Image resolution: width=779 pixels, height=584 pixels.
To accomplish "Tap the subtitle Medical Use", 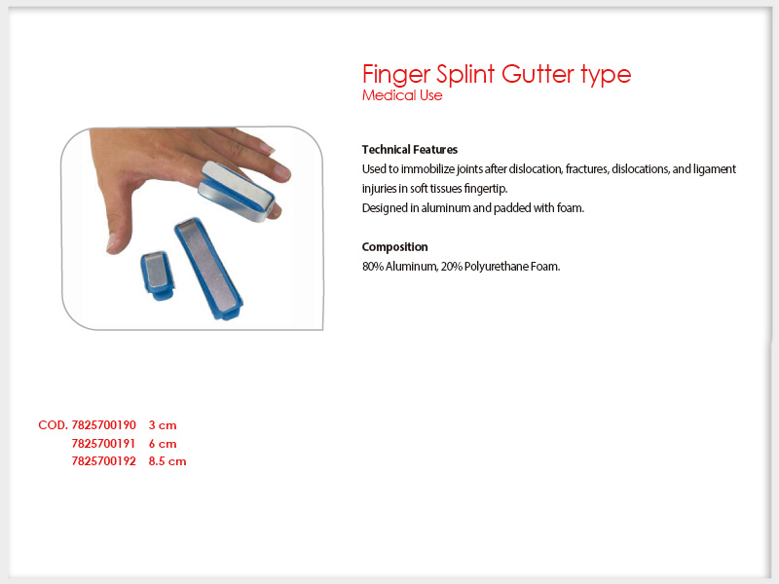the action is [x=402, y=94].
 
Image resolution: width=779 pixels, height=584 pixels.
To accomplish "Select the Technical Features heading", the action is [x=409, y=150].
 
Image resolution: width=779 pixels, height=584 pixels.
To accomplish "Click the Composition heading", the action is [x=394, y=247].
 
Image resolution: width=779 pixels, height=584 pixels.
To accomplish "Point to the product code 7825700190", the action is [x=103, y=425].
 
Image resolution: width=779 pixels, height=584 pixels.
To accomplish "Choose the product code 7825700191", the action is [x=103, y=444].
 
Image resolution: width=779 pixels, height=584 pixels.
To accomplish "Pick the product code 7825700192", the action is [x=103, y=461].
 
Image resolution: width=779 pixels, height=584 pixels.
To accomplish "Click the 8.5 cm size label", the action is [x=167, y=461].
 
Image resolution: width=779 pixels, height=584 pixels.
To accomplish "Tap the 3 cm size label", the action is [x=163, y=425].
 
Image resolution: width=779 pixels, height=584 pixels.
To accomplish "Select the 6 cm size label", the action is [x=163, y=444].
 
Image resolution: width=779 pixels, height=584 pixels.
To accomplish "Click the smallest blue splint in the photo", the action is [x=158, y=275].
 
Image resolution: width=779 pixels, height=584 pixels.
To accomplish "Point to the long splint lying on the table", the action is [x=208, y=269].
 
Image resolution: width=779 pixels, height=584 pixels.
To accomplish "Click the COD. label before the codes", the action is [x=54, y=425].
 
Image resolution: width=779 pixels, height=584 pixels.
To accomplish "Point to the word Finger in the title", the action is [x=396, y=75].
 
